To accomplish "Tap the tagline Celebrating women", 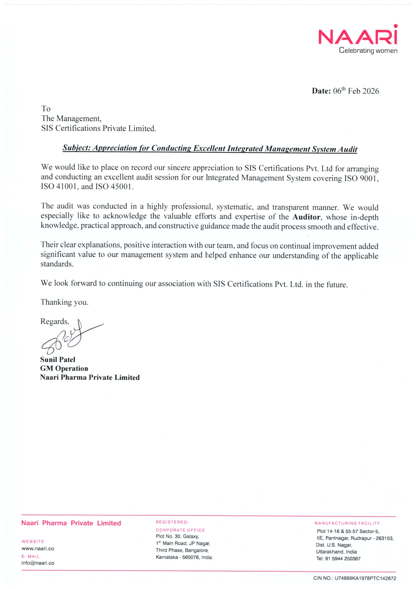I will [368, 51].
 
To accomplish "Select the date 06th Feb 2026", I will [356, 91].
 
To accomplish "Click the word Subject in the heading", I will [76, 148].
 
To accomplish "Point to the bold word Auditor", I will [306, 217].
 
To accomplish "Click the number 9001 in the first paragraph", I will [369, 178].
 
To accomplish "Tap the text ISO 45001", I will [114, 187].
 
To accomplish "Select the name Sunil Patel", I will [58, 359].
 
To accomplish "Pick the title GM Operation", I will [64, 369].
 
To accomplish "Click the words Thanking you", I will [64, 302].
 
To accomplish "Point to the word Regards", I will [54, 322].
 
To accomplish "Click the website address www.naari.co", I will [38, 548].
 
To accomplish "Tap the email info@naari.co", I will [38, 563].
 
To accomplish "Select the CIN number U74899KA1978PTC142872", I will [365, 578].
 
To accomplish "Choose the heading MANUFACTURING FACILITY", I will [347, 523].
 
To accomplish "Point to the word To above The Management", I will [46, 109].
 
